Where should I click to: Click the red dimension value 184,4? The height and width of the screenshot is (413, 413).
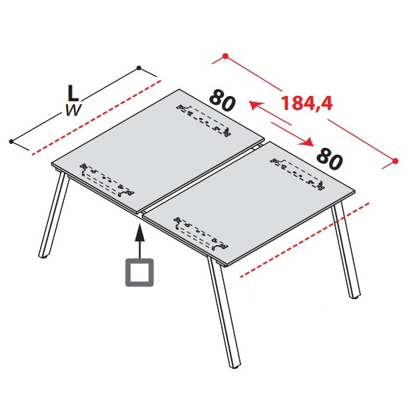(x=307, y=103)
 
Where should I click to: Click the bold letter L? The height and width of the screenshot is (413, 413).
(x=73, y=93)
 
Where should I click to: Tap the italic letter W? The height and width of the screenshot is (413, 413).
(x=73, y=110)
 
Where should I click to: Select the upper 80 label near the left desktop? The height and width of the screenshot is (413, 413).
(x=222, y=101)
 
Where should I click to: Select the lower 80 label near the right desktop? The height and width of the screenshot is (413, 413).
(x=330, y=159)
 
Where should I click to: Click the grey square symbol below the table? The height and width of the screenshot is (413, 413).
(x=139, y=272)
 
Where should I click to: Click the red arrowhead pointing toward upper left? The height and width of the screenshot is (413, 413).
(x=254, y=105)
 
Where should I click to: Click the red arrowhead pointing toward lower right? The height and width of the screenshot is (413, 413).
(x=306, y=142)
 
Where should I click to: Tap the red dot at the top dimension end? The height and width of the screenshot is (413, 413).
(x=225, y=56)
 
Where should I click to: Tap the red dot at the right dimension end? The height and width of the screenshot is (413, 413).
(x=395, y=161)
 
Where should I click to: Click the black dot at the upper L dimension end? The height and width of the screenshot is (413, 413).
(x=139, y=68)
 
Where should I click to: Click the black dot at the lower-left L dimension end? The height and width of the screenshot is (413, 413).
(x=11, y=142)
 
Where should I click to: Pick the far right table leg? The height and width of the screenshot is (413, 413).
(x=346, y=250)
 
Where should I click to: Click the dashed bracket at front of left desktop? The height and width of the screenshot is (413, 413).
(x=107, y=181)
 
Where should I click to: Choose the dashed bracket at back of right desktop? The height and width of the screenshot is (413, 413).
(x=298, y=174)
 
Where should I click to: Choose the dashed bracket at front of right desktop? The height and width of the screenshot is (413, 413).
(x=201, y=234)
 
